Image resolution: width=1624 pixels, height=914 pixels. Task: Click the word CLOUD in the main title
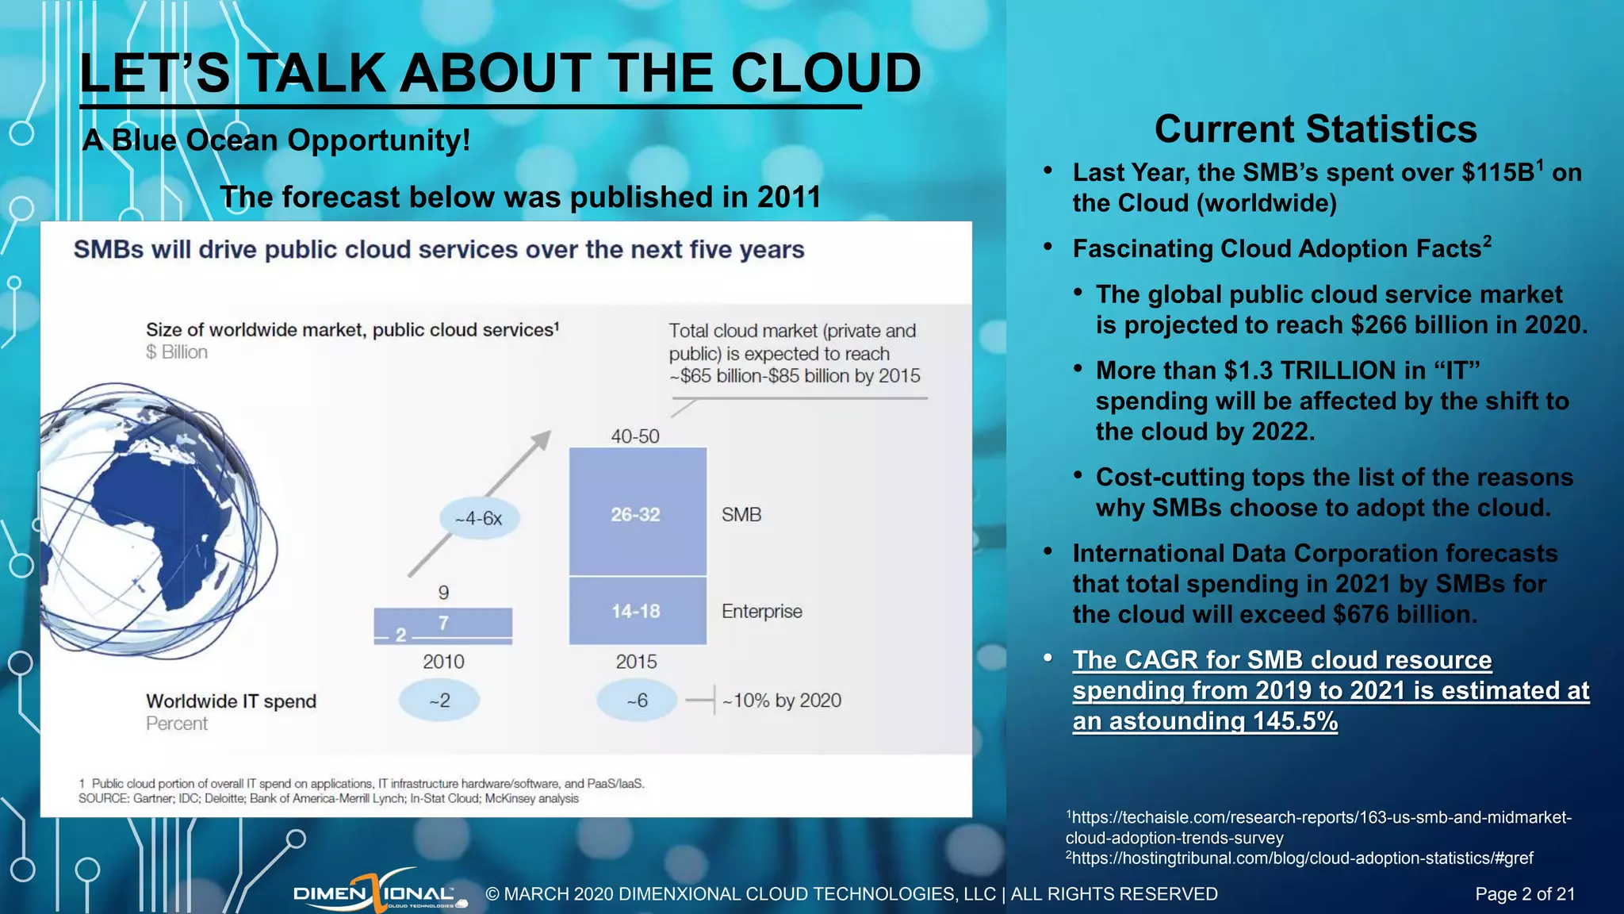825,73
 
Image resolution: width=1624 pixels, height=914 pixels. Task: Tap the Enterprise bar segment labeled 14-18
637,611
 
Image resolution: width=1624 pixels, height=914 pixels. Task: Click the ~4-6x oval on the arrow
480,519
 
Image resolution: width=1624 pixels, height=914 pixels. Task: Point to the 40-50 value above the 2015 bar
634,436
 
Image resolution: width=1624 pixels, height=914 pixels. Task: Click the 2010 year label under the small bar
443,662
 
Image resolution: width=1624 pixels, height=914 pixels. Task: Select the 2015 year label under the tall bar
636,662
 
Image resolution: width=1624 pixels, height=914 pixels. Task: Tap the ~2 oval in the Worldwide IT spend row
439,701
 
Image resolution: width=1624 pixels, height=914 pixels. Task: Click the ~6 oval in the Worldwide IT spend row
637,701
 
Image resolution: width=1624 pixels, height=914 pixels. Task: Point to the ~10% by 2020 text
782,701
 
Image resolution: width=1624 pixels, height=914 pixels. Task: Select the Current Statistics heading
1315,129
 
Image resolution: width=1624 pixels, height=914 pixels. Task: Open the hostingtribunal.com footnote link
1300,858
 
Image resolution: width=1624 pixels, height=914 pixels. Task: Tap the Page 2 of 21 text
1524,894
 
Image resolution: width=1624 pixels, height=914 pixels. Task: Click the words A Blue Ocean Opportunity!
276,140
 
